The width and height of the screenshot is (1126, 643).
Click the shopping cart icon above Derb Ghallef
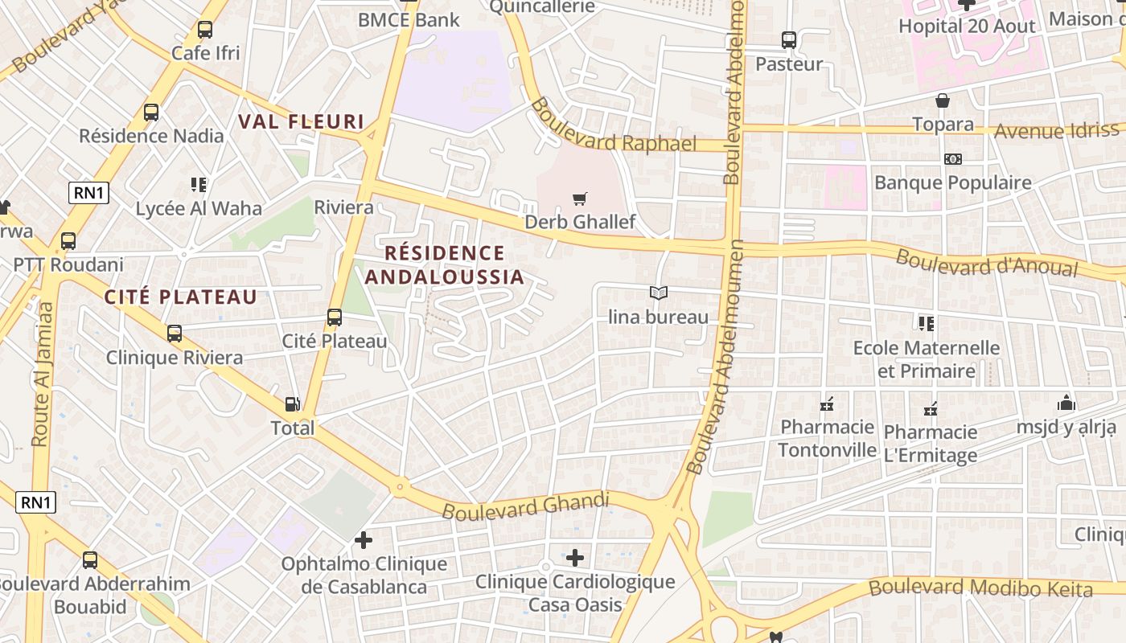click(579, 199)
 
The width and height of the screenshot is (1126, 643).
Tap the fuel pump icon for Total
click(293, 404)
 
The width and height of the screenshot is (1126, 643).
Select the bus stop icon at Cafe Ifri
click(205, 31)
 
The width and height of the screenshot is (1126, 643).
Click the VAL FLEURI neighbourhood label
click(301, 122)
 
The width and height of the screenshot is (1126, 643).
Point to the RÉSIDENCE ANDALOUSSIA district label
click(444, 265)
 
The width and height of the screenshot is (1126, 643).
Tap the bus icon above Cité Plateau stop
click(335, 317)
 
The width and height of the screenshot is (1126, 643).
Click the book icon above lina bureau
click(659, 293)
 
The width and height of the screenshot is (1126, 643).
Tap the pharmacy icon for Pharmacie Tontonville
click(827, 404)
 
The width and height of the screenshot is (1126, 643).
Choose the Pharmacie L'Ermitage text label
click(931, 444)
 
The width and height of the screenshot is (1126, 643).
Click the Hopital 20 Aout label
click(967, 26)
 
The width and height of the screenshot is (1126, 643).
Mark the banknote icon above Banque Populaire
click(953, 159)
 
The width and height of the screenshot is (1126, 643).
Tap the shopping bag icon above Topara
click(943, 101)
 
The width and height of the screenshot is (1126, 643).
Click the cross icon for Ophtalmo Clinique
click(364, 540)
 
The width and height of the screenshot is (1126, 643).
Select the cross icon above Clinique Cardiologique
click(574, 557)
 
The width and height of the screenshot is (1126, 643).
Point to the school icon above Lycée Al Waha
click(199, 186)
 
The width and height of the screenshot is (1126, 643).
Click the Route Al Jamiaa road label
click(42, 375)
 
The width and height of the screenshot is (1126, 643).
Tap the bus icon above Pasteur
click(789, 40)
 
